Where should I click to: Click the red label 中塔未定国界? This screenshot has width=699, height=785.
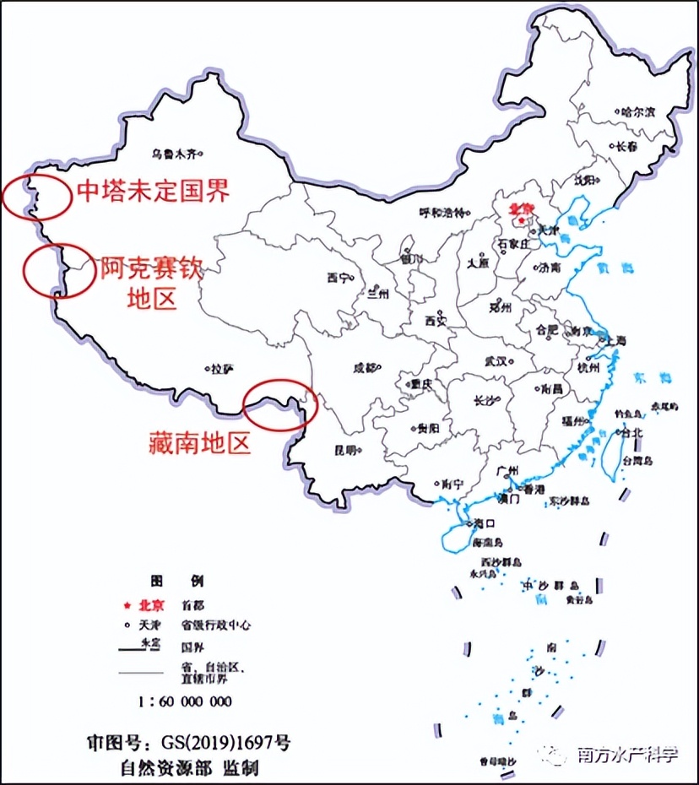pos(153,191)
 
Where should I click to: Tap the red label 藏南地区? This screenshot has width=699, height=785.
pos(200,441)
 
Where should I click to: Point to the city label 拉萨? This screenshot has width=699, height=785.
pos(222,369)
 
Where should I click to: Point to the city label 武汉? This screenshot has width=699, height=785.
pos(495,361)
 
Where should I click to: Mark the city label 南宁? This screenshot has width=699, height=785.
pos(451,485)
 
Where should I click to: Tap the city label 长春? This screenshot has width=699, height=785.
pos(626,147)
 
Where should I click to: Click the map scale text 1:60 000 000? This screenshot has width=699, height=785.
pos(185,701)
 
